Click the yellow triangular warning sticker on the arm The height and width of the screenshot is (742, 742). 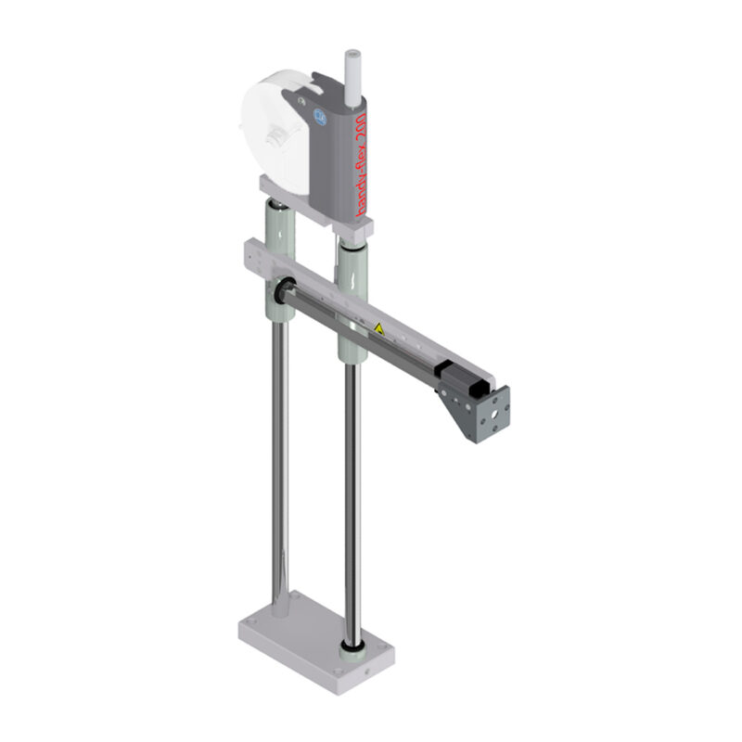click(x=377, y=327)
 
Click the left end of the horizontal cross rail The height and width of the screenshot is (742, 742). click(x=251, y=252)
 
